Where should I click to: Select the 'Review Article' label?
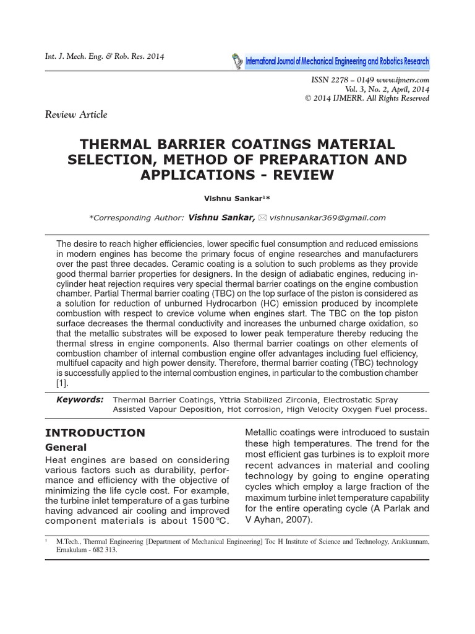(77, 114)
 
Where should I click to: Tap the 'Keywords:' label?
(80, 399)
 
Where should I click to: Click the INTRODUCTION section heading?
(96, 432)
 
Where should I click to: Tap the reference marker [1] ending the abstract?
(62, 383)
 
